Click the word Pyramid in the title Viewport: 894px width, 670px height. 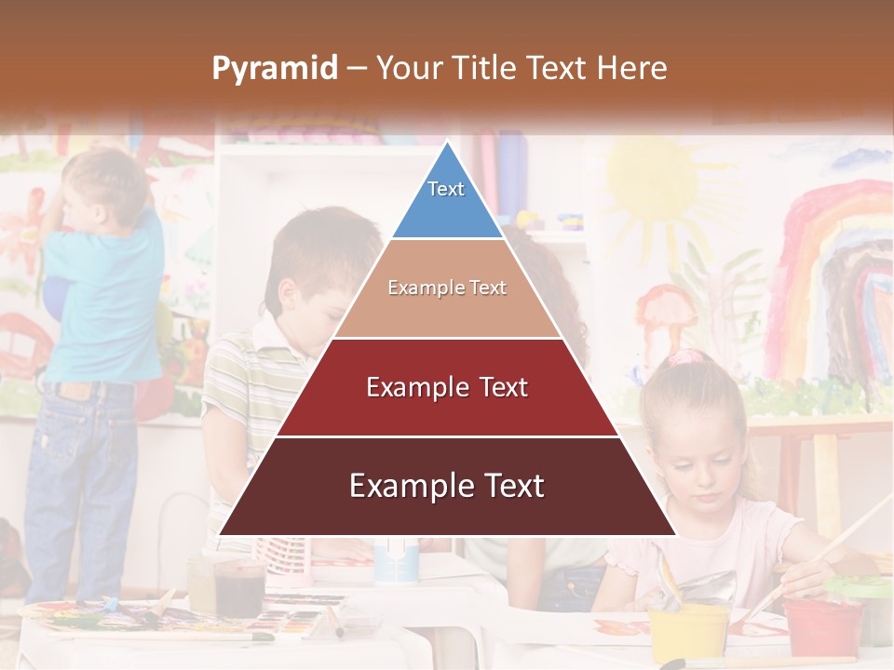coord(274,69)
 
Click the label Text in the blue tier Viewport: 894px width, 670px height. coord(446,189)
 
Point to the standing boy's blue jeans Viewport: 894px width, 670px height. coord(79,484)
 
